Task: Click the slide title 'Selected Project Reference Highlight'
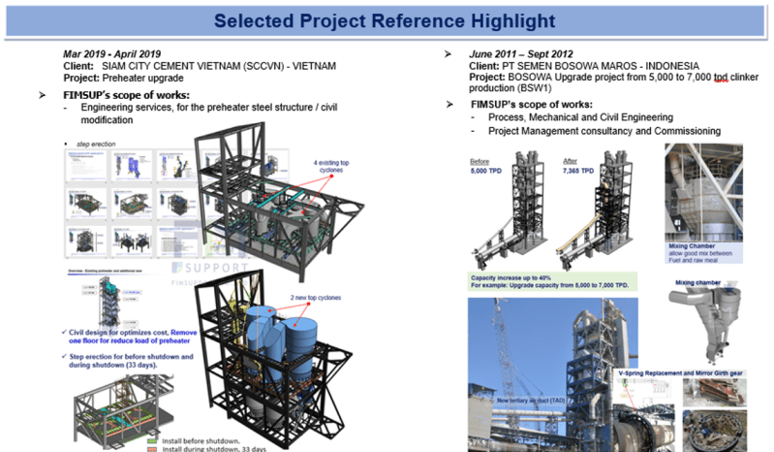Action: click(x=387, y=20)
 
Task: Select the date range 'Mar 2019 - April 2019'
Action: click(x=112, y=53)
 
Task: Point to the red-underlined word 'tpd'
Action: click(x=720, y=78)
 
